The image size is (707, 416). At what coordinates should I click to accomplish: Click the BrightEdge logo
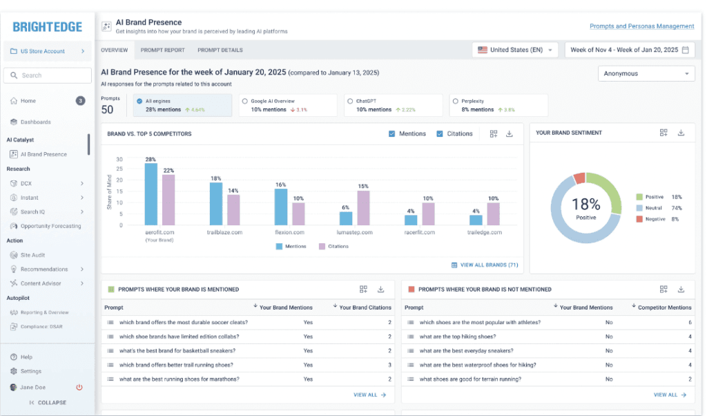point(47,27)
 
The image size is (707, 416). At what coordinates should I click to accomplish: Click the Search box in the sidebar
point(47,75)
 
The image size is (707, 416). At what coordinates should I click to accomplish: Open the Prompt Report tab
point(162,50)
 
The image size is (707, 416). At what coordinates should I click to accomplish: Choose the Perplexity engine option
point(455,101)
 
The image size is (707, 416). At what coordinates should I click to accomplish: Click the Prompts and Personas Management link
point(641,26)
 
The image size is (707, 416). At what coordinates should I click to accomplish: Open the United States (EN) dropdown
point(516,50)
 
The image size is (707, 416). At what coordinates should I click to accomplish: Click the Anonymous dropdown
point(646,73)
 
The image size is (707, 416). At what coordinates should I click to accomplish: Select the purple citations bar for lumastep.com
point(363,208)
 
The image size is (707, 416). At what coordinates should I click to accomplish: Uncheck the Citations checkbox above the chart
point(440,133)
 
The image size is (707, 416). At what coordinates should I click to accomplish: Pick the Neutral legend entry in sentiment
point(652,208)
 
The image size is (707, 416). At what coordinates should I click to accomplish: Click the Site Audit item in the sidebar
point(32,255)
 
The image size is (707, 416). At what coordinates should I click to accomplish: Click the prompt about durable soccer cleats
point(183,322)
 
